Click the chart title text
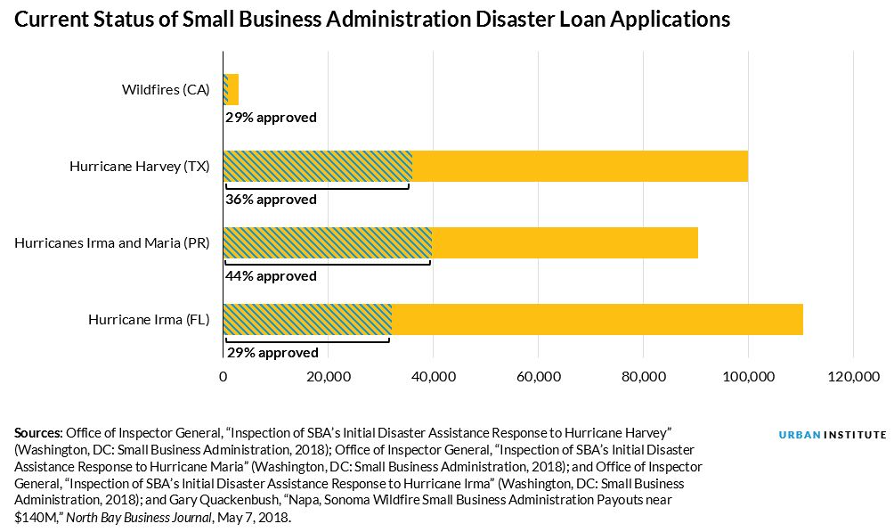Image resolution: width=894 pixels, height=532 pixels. (372, 20)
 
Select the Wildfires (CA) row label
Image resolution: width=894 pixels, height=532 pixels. (165, 89)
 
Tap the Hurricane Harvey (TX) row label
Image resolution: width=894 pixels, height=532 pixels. (139, 166)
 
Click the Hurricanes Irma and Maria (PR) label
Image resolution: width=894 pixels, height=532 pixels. (111, 242)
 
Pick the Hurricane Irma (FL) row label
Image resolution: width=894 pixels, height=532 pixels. (149, 319)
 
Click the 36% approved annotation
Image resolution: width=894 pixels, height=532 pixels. (271, 200)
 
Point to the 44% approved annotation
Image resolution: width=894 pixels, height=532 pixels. (271, 276)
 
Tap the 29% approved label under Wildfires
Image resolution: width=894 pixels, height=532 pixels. (271, 118)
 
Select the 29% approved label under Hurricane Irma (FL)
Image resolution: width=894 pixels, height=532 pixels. (272, 353)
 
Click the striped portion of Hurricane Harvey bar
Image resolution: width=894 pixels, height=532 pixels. (316, 166)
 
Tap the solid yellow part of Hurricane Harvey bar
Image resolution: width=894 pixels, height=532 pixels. (579, 166)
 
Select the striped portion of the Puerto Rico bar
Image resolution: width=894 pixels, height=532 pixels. (327, 242)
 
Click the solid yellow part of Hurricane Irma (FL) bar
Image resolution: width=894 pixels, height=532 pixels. (597, 319)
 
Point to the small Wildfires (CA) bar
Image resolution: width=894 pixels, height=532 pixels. (231, 89)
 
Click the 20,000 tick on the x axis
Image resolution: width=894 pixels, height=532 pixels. (328, 378)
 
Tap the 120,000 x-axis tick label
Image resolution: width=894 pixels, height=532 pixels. (853, 378)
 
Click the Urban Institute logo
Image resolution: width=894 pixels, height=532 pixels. (833, 434)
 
